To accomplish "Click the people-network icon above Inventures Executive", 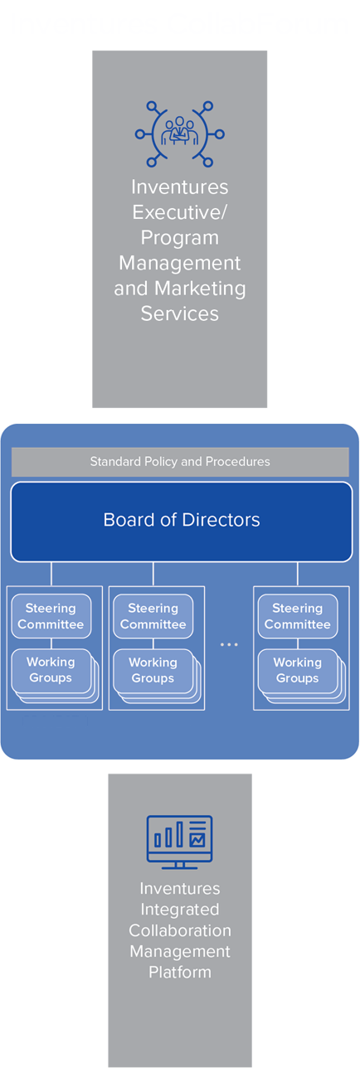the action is pos(180,134).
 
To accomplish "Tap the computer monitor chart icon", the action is pos(180,842).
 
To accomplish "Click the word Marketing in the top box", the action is pos(200,289).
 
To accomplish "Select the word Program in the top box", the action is pos(180,237).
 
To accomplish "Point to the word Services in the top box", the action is pos(180,313).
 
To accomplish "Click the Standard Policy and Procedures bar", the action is pos(180,462).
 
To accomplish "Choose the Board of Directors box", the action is pos(181,522).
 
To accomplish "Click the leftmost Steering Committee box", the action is pos(51,616).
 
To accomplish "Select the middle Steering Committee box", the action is pos(153,616).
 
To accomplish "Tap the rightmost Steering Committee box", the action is pos(298,616).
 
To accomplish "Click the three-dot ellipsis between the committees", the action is pos(229,644).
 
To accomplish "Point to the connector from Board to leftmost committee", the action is pos(51,574).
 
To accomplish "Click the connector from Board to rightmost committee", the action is pos(298,574).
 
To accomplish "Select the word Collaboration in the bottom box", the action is pos(180,930).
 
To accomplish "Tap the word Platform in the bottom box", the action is pos(180,972).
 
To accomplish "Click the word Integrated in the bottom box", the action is pos(180,910).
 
